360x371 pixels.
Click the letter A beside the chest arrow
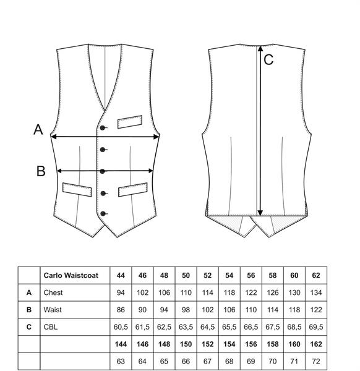pyautogui.click(x=38, y=129)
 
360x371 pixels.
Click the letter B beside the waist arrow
pyautogui.click(x=41, y=171)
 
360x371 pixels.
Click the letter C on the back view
pyautogui.click(x=268, y=59)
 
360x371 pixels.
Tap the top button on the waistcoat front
pyautogui.click(x=103, y=128)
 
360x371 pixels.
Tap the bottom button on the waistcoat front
pyautogui.click(x=103, y=214)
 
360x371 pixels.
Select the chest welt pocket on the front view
pyautogui.click(x=130, y=122)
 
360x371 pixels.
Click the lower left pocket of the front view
pyautogui.click(x=77, y=190)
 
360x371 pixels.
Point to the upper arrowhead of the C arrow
pyautogui.click(x=260, y=48)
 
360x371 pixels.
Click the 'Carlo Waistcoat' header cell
pyautogui.click(x=71, y=275)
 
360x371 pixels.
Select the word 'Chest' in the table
pyautogui.click(x=53, y=292)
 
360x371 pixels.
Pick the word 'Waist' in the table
pyautogui.click(x=53, y=310)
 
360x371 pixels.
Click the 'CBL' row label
pyautogui.click(x=51, y=326)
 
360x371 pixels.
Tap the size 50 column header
pyautogui.click(x=186, y=275)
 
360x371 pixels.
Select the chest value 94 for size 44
pyautogui.click(x=121, y=292)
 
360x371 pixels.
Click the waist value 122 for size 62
pyautogui.click(x=316, y=310)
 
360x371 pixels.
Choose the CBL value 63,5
pyautogui.click(x=186, y=326)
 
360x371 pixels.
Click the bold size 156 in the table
pyautogui.click(x=251, y=344)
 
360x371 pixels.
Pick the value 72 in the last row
pyautogui.click(x=316, y=361)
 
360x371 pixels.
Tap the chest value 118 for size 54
pyautogui.click(x=229, y=292)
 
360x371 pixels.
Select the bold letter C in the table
pyautogui.click(x=29, y=326)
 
